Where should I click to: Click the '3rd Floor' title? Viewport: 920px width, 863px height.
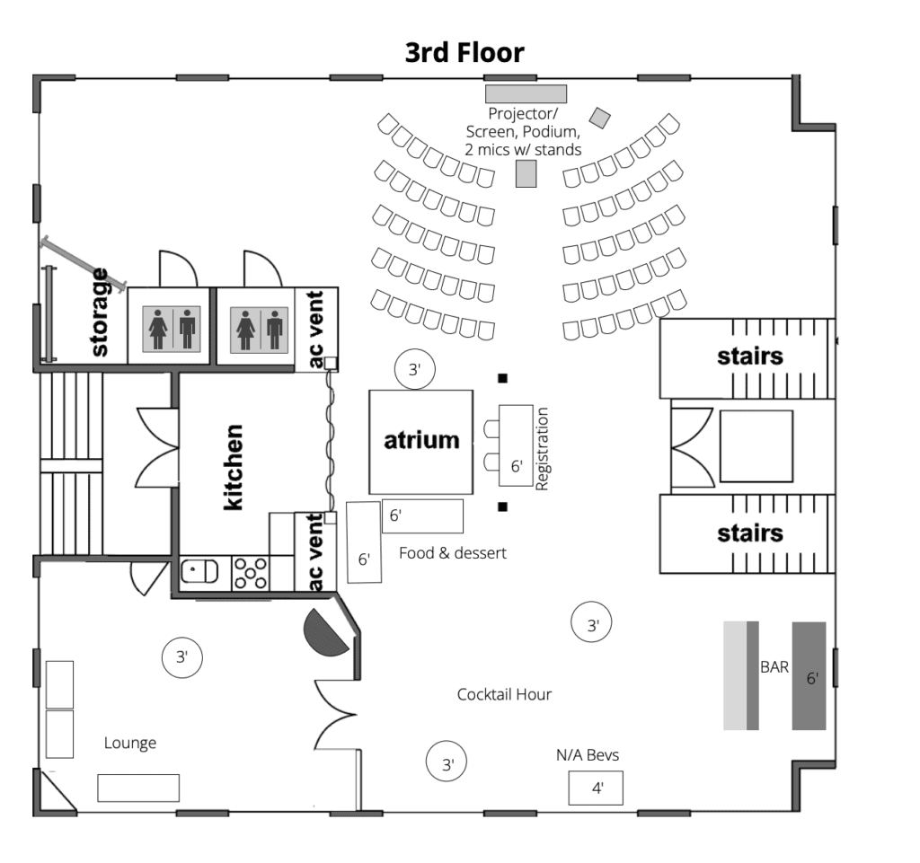(464, 53)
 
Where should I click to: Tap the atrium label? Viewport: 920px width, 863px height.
(421, 440)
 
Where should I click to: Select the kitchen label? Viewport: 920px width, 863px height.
(234, 467)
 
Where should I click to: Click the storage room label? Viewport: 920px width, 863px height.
(101, 312)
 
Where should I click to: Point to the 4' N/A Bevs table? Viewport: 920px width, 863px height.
(596, 788)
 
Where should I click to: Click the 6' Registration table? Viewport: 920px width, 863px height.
(516, 445)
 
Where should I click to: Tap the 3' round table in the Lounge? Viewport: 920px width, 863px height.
(181, 657)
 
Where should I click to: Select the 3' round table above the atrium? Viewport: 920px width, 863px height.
(415, 369)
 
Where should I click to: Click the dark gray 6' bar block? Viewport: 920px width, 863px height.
(809, 675)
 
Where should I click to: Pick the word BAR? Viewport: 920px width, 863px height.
(774, 667)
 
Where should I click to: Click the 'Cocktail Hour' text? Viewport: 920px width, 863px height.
(504, 695)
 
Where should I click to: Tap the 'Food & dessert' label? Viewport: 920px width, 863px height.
(453, 553)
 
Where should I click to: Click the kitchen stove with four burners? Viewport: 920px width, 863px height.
(251, 573)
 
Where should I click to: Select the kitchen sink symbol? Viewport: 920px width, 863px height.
(199, 571)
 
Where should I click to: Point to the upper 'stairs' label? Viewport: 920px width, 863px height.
(750, 356)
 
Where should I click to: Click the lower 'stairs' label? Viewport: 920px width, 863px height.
(750, 533)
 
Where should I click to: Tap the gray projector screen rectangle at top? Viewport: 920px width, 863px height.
(526, 93)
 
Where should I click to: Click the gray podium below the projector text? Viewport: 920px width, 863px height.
(526, 173)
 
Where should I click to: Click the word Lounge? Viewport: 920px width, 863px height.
(130, 744)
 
